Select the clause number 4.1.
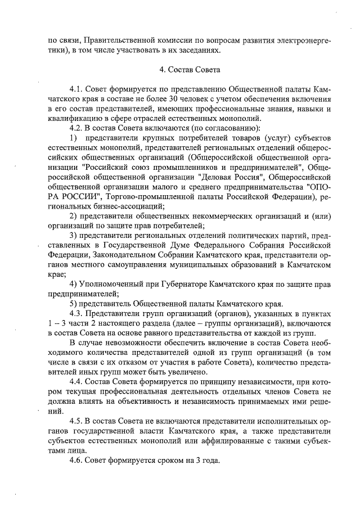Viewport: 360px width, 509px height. pyautogui.click(x=77, y=89)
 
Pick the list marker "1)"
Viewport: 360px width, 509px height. pyautogui.click(x=73, y=138)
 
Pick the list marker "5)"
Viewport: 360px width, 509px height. pyautogui.click(x=73, y=304)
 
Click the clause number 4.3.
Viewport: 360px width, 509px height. pyautogui.click(x=77, y=313)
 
